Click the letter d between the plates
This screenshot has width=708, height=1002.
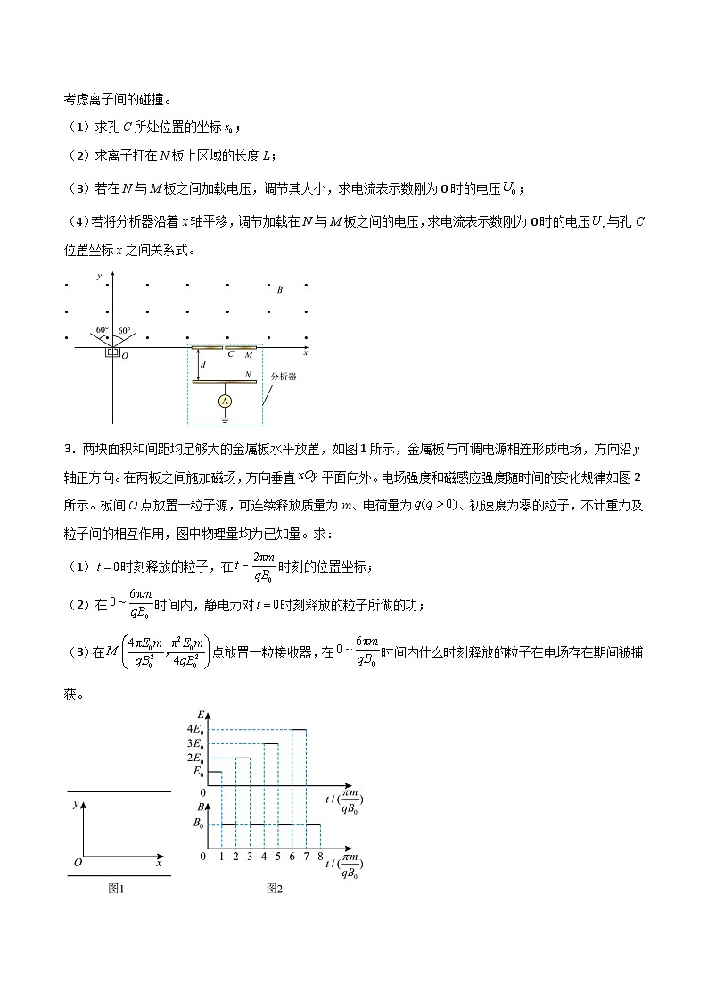click(x=203, y=366)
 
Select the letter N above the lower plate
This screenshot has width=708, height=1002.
click(x=248, y=375)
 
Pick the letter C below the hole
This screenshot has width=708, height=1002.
click(x=230, y=354)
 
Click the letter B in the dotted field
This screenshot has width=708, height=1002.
click(x=280, y=290)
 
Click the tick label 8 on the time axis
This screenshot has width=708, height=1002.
click(x=319, y=857)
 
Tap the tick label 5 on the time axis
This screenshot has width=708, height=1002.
click(x=277, y=857)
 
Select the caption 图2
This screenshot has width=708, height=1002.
click(x=274, y=888)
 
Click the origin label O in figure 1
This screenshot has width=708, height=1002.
click(x=78, y=863)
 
